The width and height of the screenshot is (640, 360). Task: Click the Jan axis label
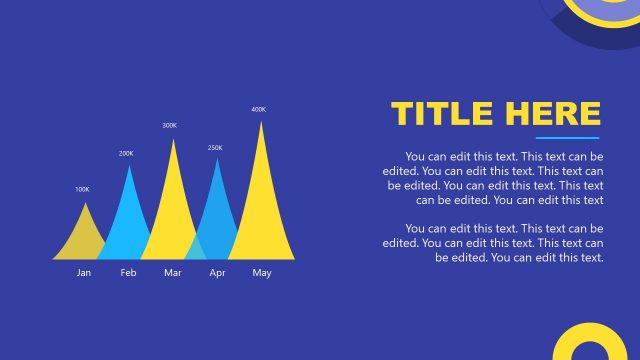coord(84,273)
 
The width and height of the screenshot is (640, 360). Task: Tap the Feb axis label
coord(128,273)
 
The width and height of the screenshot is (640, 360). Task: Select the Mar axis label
coord(172,273)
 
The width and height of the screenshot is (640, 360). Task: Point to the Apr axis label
coord(217,273)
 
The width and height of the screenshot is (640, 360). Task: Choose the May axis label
coord(261,273)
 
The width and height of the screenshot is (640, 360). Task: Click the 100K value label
coord(82,189)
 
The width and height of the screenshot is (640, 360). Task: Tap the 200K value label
coord(126,153)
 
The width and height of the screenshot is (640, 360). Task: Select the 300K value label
coord(169,125)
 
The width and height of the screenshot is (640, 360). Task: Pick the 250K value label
coord(215,148)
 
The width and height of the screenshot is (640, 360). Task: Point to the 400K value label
coord(258,109)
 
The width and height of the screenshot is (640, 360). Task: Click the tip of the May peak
coord(262,122)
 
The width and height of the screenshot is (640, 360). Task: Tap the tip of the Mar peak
coord(174,139)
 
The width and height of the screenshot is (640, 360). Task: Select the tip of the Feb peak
coord(129,166)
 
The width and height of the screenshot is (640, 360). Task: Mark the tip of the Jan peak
coord(85,203)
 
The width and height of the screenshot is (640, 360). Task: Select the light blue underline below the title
coord(567,138)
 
